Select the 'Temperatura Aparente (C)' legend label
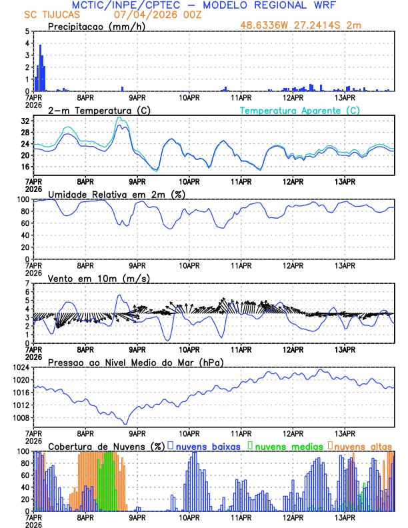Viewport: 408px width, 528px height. (300, 110)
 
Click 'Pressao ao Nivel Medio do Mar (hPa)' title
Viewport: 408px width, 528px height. (136, 362)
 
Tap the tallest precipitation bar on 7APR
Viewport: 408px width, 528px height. (41, 68)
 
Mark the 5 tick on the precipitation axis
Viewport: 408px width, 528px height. (27, 31)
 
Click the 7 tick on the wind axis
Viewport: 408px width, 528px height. (27, 283)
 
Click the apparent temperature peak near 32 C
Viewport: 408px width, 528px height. (119, 117)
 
